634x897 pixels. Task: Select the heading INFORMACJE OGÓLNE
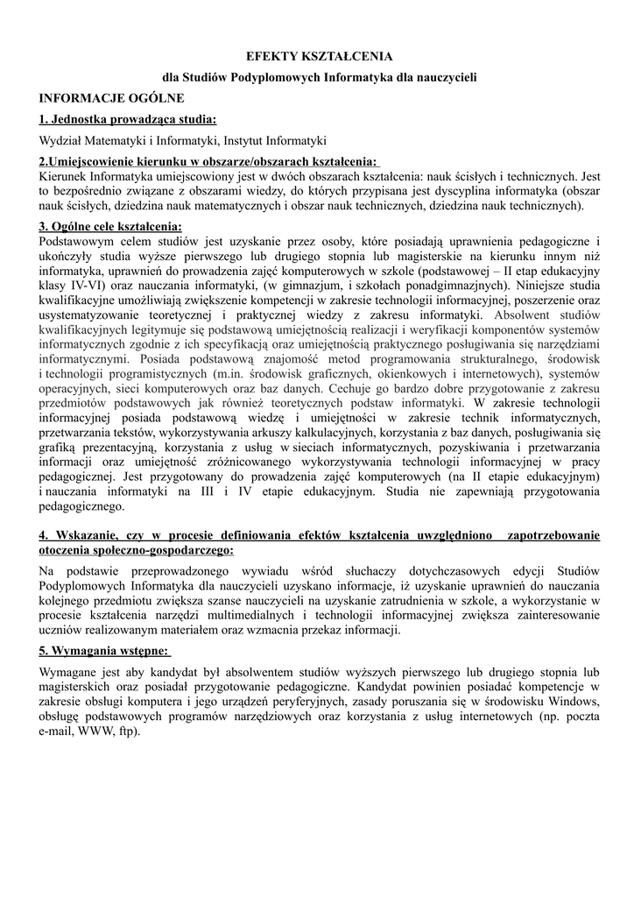point(111,97)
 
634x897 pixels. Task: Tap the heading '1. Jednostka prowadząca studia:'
point(128,119)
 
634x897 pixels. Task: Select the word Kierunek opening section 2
point(64,175)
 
